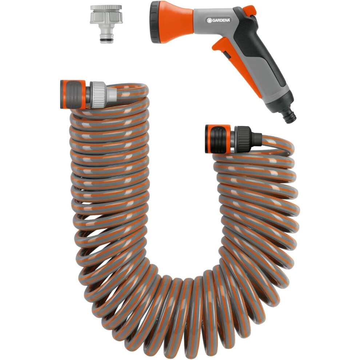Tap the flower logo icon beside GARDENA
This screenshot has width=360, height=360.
click(209, 20)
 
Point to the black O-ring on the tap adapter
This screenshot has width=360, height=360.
click(106, 40)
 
